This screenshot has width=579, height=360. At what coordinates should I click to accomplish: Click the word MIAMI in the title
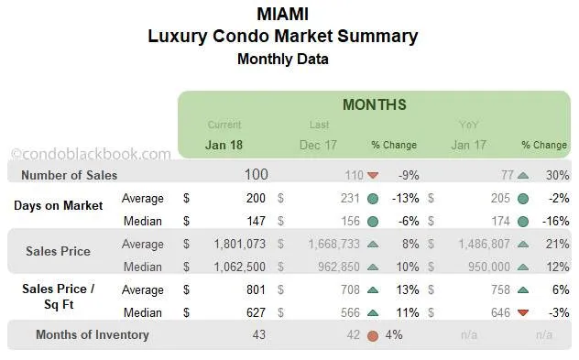[x=282, y=15]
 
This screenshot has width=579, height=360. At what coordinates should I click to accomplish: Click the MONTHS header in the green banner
[x=374, y=104]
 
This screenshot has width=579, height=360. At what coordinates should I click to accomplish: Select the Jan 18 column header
[x=224, y=145]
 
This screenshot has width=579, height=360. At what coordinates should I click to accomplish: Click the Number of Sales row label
[x=69, y=175]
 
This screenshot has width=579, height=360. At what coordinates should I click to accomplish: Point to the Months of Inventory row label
[x=92, y=334]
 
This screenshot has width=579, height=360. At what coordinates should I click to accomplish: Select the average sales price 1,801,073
[x=233, y=244]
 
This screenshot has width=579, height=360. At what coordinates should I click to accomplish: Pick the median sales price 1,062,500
[x=233, y=267]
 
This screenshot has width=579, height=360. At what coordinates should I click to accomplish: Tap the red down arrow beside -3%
[x=523, y=312]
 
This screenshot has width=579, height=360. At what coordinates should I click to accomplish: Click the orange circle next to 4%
[x=373, y=335]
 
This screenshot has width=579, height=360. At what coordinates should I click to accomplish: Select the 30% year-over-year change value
[x=555, y=175]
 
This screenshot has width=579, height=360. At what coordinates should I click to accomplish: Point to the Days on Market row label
[x=58, y=205]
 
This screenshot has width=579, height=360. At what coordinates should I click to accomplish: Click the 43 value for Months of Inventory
[x=258, y=334]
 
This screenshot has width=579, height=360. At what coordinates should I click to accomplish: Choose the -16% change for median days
[x=553, y=221]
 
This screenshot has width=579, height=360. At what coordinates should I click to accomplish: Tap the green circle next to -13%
[x=373, y=198]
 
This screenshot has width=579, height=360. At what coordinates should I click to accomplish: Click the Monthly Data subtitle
[x=282, y=60]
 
